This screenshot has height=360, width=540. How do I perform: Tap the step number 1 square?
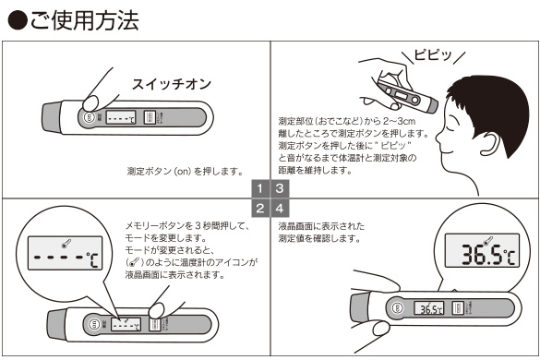260,188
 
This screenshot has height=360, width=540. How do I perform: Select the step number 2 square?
260,209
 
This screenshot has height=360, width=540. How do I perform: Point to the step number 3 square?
280,188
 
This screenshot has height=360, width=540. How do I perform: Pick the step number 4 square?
280,209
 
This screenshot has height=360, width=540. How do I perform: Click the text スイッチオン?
172,84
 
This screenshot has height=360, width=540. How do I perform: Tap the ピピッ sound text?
433,55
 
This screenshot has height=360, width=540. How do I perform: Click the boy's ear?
493,143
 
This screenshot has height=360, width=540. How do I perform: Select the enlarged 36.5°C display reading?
488,254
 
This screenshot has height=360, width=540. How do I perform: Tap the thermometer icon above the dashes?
65,244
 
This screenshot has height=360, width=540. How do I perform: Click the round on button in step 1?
89,117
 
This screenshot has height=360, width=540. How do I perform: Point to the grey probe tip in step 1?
53,117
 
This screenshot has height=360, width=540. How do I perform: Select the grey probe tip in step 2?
57,324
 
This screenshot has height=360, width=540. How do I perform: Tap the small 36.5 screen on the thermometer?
429,308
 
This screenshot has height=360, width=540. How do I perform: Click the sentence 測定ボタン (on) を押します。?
186,171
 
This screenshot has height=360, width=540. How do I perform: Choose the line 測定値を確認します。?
318,238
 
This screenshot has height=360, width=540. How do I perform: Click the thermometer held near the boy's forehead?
407,96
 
